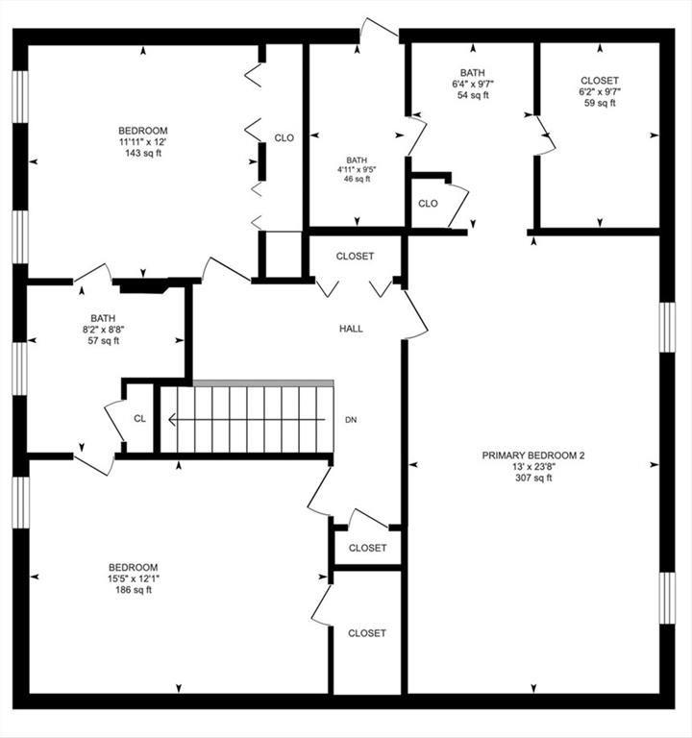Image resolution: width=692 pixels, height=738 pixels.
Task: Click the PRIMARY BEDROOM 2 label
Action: click(532, 455)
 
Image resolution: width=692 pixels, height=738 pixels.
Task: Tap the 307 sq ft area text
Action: click(532, 478)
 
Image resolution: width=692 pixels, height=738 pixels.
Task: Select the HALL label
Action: click(351, 329)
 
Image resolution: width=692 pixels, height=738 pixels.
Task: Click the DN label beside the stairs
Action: click(352, 420)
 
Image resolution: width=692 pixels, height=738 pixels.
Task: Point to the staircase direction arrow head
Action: click(171, 419)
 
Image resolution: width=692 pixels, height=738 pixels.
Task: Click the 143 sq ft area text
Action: click(143, 154)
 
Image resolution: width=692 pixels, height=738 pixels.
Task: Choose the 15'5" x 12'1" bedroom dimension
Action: click(133, 578)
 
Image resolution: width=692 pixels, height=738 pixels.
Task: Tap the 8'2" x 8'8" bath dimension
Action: click(103, 330)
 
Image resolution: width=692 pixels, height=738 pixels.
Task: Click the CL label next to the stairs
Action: click(139, 418)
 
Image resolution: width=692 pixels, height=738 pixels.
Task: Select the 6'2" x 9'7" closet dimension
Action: click(600, 92)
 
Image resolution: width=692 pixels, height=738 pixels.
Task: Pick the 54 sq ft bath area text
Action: click(472, 95)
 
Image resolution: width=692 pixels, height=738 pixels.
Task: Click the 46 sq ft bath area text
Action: click(357, 179)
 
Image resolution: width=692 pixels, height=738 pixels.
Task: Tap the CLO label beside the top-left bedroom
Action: click(284, 138)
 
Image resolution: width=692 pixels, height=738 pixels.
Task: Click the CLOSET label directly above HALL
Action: click(355, 257)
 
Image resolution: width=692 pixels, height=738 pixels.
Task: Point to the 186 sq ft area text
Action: click(133, 590)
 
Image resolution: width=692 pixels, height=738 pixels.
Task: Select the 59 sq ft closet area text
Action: click(600, 104)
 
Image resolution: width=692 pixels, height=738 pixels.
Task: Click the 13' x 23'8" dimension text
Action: click(532, 466)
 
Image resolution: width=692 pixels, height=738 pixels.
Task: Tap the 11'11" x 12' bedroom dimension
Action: click(143, 142)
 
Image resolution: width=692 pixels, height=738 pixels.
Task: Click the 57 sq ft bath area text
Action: click(103, 341)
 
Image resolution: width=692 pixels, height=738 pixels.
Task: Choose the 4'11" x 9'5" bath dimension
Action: click(357, 170)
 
